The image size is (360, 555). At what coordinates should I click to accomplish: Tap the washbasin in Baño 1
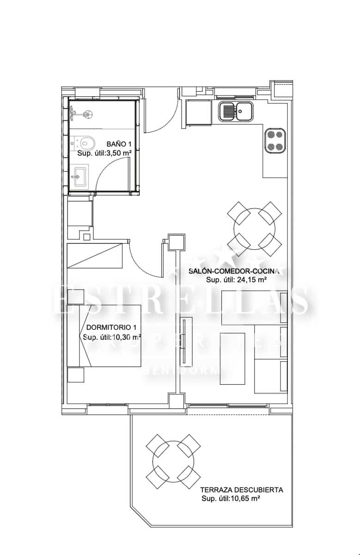click(x=79, y=177)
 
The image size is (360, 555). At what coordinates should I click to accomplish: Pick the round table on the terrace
click(x=173, y=461)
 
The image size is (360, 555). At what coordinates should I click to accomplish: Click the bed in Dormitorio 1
click(x=104, y=335)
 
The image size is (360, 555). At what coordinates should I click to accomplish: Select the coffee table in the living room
click(x=232, y=358)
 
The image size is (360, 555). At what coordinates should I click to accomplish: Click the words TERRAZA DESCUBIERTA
click(x=241, y=490)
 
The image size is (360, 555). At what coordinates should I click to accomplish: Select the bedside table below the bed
click(x=76, y=375)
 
